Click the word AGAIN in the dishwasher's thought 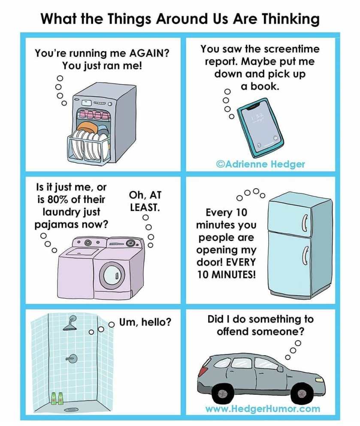coord(148,53)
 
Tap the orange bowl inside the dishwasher coord(86,127)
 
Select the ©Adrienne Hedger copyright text coord(260,164)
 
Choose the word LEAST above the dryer coord(145,207)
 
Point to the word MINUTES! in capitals coord(233,275)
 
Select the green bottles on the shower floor coord(57,398)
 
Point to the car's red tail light coord(202,371)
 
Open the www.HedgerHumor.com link coord(263,408)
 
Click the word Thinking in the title coord(291,19)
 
